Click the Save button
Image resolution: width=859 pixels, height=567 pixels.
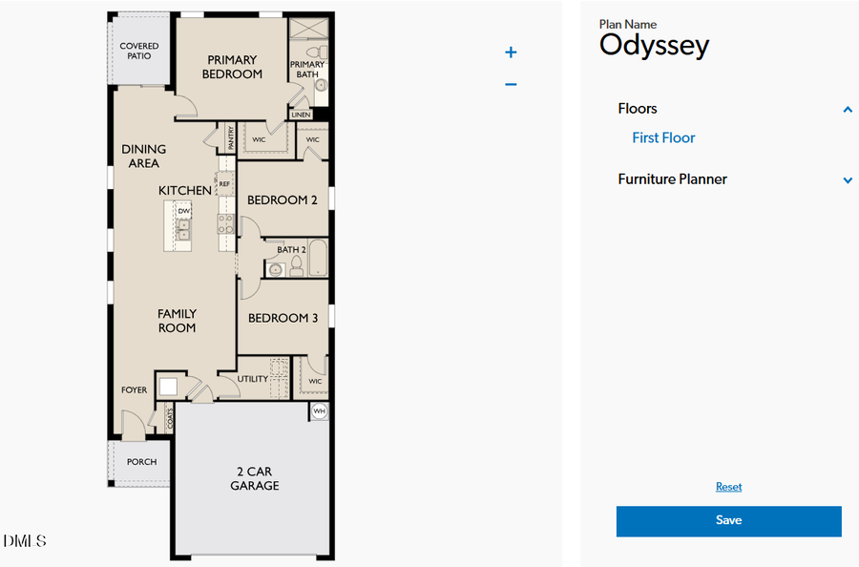tap(728, 521)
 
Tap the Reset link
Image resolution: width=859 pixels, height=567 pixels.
tap(728, 487)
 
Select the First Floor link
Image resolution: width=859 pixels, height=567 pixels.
tap(663, 137)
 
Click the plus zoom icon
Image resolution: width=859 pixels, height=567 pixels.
tap(511, 52)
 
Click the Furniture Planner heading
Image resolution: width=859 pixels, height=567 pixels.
tap(672, 179)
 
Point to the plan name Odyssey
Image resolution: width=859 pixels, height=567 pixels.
tap(654, 45)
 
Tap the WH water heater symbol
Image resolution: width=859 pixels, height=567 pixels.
tap(320, 411)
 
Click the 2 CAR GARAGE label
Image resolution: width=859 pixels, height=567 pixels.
tap(255, 478)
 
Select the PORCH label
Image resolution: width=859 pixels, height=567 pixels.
tap(141, 462)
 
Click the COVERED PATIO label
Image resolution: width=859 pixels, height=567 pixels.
tap(139, 51)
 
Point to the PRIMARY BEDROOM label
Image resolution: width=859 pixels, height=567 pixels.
tap(232, 67)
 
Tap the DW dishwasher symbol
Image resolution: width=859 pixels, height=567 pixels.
tap(183, 211)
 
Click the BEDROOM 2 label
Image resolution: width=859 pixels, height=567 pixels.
tap(283, 200)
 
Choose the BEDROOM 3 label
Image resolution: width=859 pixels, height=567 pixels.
tap(283, 318)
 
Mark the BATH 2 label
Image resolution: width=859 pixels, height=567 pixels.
tap(291, 249)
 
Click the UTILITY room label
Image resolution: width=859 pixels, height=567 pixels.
tap(253, 379)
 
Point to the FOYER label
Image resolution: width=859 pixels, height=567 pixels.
tap(134, 389)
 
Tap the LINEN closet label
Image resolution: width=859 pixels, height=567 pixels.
tap(302, 115)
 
